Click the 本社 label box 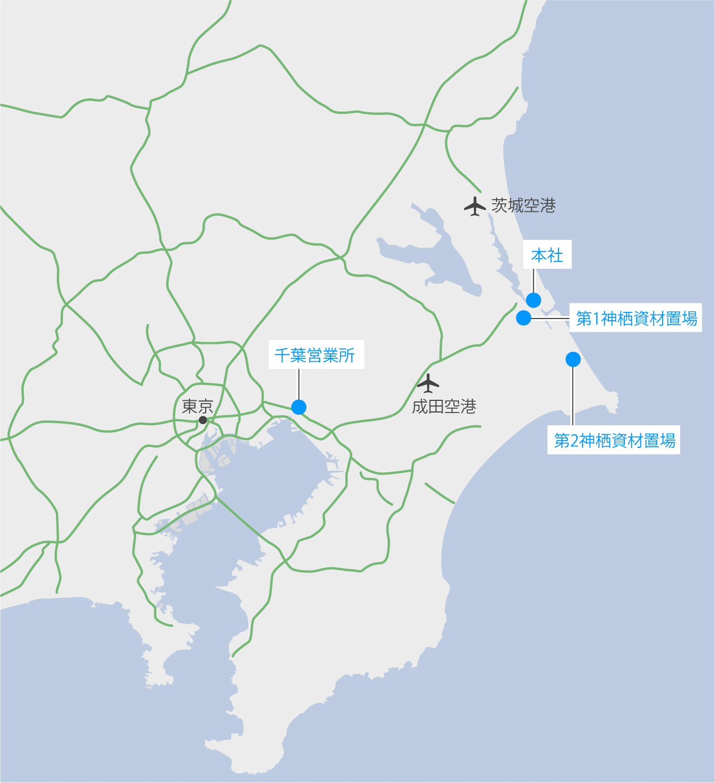(x=547, y=255)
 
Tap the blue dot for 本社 (x=534, y=300)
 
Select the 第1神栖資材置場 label (x=636, y=318)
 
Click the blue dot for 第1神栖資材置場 (x=524, y=318)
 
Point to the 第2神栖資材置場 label (x=614, y=440)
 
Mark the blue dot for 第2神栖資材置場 (x=573, y=359)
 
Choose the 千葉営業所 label (x=315, y=355)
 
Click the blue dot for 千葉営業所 (x=299, y=407)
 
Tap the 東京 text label (x=197, y=406)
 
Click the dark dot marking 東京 (x=203, y=420)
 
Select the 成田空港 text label (x=444, y=406)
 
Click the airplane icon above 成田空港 (x=428, y=383)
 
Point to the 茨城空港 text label (x=523, y=206)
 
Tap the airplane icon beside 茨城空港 (x=474, y=206)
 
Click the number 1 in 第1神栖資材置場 (x=596, y=319)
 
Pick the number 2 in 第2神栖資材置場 (x=574, y=441)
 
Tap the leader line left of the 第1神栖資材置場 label (x=550, y=319)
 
